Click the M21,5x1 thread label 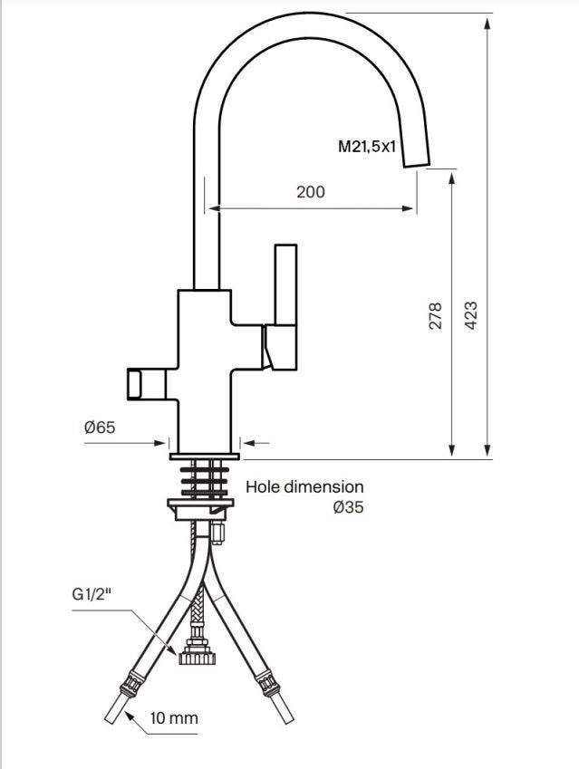[367, 146]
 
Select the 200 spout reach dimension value [311, 192]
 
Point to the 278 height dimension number [435, 316]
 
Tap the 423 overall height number [470, 315]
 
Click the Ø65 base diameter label [100, 428]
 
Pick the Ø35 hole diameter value [348, 506]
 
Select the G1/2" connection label [92, 594]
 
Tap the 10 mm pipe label [174, 718]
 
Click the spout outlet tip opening [417, 165]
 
